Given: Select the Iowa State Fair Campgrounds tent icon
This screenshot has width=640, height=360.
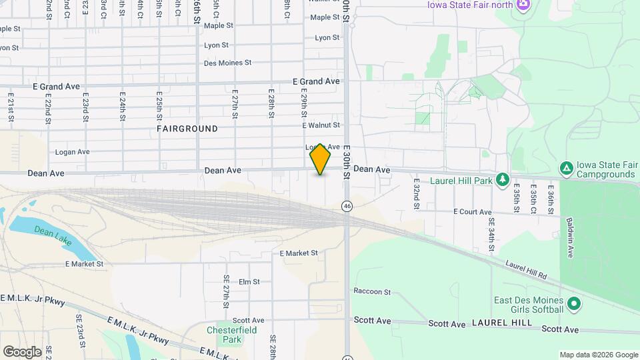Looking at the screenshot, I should coord(566,168).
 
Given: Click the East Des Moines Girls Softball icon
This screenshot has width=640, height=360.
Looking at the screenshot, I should coord(575,306).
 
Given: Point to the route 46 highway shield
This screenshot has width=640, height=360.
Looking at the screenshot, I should coord(347,206).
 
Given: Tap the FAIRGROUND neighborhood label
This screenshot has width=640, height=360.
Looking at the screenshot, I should coord(187,128).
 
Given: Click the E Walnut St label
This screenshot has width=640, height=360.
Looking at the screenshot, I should coord(321,125).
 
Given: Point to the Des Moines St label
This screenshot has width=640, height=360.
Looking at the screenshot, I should coord(227,63).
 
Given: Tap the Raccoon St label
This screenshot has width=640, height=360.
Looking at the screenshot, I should coord(372,291).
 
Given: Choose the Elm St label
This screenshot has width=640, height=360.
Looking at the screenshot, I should coord(249,282).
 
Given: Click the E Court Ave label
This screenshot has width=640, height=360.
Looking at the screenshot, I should coord(473,212).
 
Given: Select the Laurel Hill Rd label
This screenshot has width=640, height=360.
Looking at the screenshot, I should coord(526,271).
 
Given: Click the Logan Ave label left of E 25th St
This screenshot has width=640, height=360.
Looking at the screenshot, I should coord(73,152).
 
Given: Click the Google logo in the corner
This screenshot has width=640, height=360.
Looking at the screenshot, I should coord(22,352).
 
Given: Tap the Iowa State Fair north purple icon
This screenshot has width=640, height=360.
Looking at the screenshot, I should coord(525,5).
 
